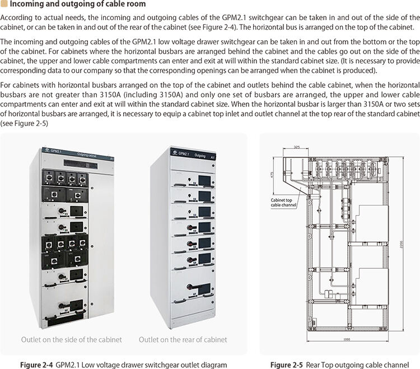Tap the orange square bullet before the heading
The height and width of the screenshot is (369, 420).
click(x=4, y=4)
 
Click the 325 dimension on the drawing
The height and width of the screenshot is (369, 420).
click(x=296, y=147)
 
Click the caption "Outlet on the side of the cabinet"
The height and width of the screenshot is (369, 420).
click(x=71, y=339)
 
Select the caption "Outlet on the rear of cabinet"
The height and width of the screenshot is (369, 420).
click(x=183, y=339)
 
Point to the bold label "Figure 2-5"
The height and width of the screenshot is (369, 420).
click(x=287, y=365)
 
